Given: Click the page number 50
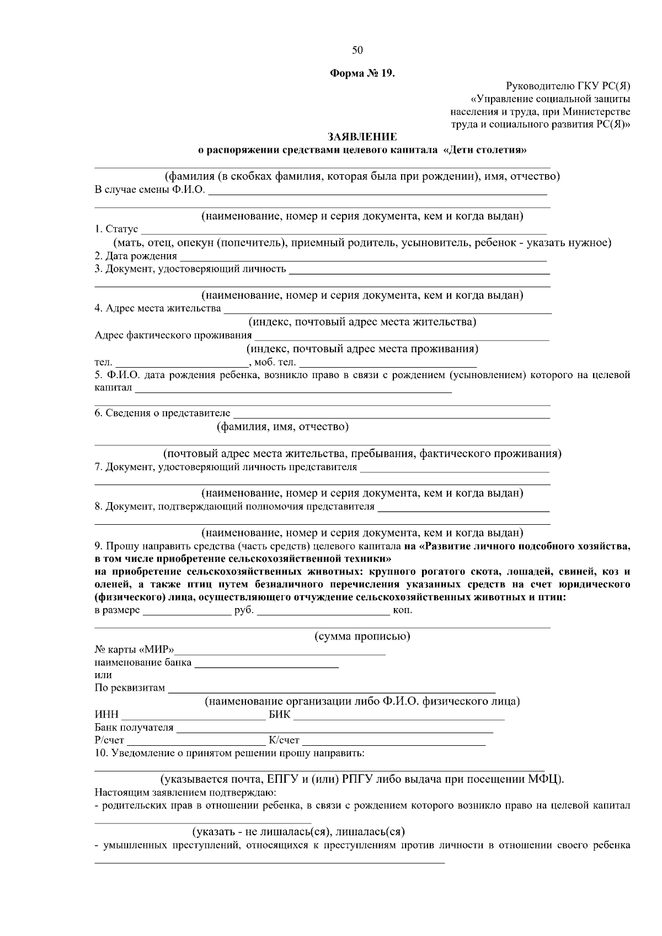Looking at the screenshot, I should pyautogui.click(x=357, y=50).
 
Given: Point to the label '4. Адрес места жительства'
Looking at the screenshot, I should pyautogui.click(x=158, y=308).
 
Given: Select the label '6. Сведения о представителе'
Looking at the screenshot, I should pyautogui.click(x=162, y=413).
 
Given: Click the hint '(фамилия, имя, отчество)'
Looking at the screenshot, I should pyautogui.click(x=282, y=427).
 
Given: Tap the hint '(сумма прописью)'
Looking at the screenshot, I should pyautogui.click(x=362, y=637).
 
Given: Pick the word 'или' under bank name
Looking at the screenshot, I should pyautogui.click(x=103, y=675).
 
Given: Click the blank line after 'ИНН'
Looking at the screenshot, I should pyautogui.click(x=193, y=716).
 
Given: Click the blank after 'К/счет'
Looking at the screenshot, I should pyautogui.click(x=393, y=741).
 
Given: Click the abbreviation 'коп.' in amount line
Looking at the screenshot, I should pyautogui.click(x=402, y=610).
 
